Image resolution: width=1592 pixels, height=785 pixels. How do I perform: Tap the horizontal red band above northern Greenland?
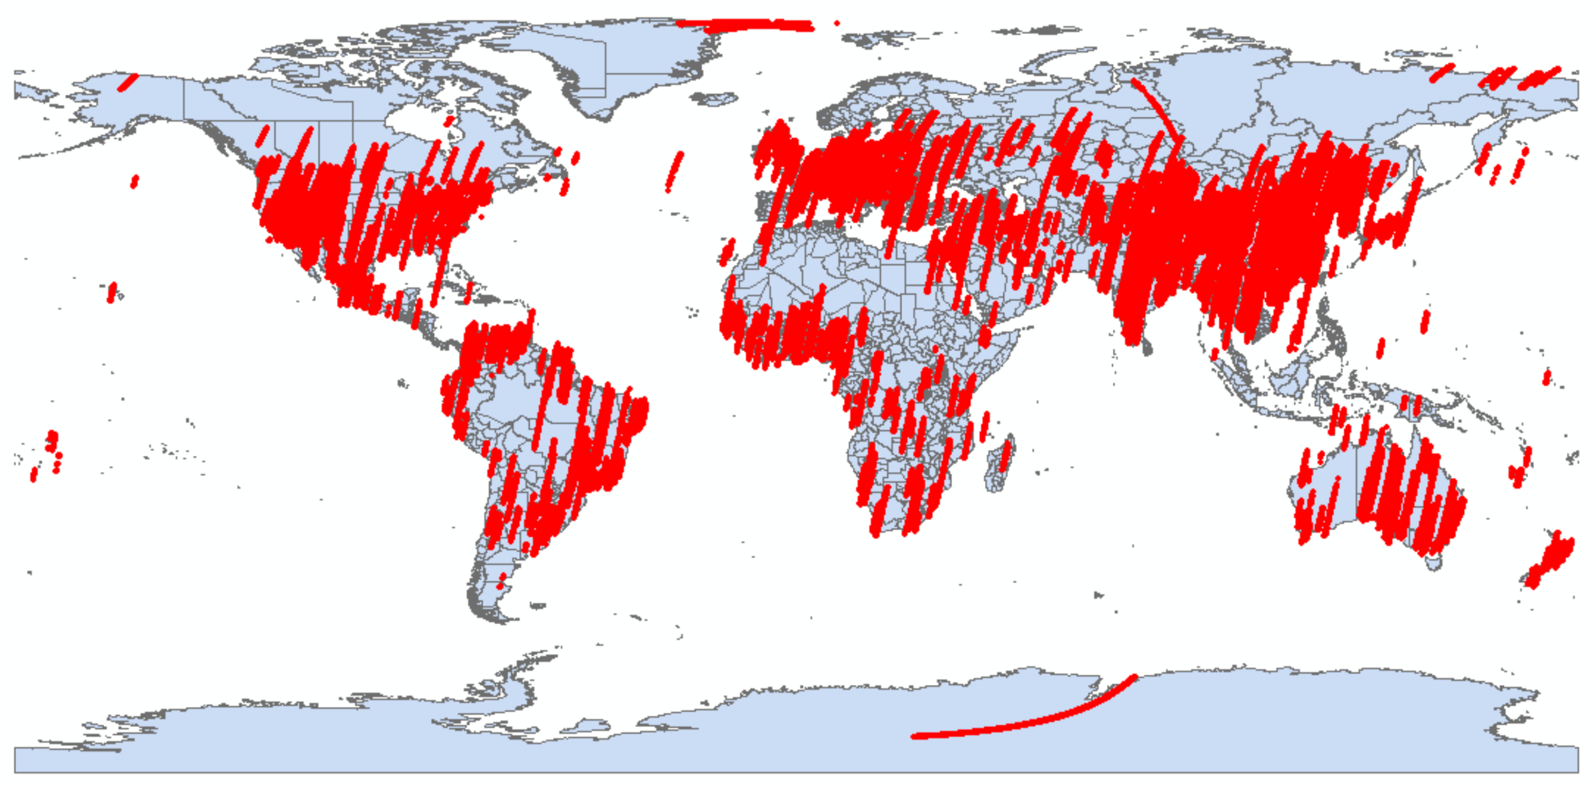click(747, 25)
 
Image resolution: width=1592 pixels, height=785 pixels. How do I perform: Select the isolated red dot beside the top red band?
click(837, 23)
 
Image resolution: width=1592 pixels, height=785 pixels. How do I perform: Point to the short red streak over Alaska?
click(127, 83)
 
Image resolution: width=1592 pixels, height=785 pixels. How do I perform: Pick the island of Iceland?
click(714, 99)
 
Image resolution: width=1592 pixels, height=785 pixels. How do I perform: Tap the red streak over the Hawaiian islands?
click(111, 292)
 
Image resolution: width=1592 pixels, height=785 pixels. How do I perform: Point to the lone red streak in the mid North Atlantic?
click(674, 172)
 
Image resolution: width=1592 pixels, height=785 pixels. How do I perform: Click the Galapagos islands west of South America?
click(402, 383)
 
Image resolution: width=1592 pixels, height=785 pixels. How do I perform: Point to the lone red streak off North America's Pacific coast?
click(135, 181)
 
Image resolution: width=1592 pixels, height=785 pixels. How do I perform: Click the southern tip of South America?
click(497, 619)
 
